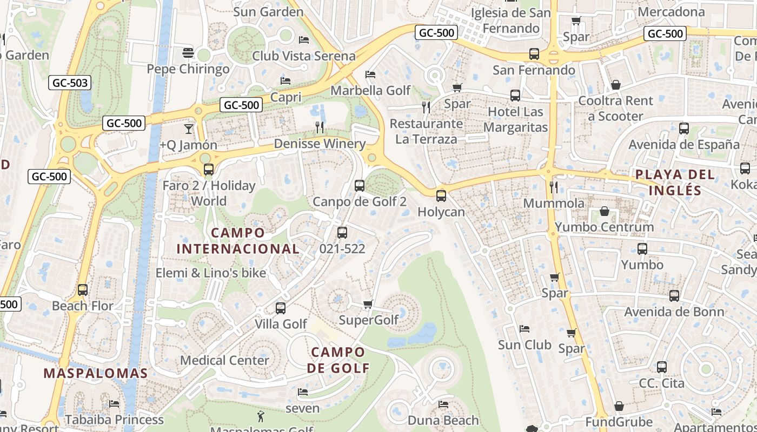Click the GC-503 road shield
(70, 83)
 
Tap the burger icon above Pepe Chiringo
(188, 52)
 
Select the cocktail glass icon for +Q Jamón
(188, 129)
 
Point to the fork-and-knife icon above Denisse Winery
(320, 127)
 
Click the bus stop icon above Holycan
(441, 195)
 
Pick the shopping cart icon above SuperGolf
(368, 305)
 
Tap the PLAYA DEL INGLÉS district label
(675, 183)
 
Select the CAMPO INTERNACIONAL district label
(238, 241)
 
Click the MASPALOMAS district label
(96, 373)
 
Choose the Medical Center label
(224, 360)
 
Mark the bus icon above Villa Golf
(281, 308)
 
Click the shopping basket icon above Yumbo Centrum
(604, 211)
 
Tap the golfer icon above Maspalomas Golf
(261, 416)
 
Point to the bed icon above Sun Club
(524, 328)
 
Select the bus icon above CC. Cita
(661, 367)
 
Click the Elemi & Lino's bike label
(211, 273)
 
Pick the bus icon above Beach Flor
(83, 290)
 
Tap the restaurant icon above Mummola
(553, 187)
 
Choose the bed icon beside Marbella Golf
(370, 74)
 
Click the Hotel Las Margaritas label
(515, 119)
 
